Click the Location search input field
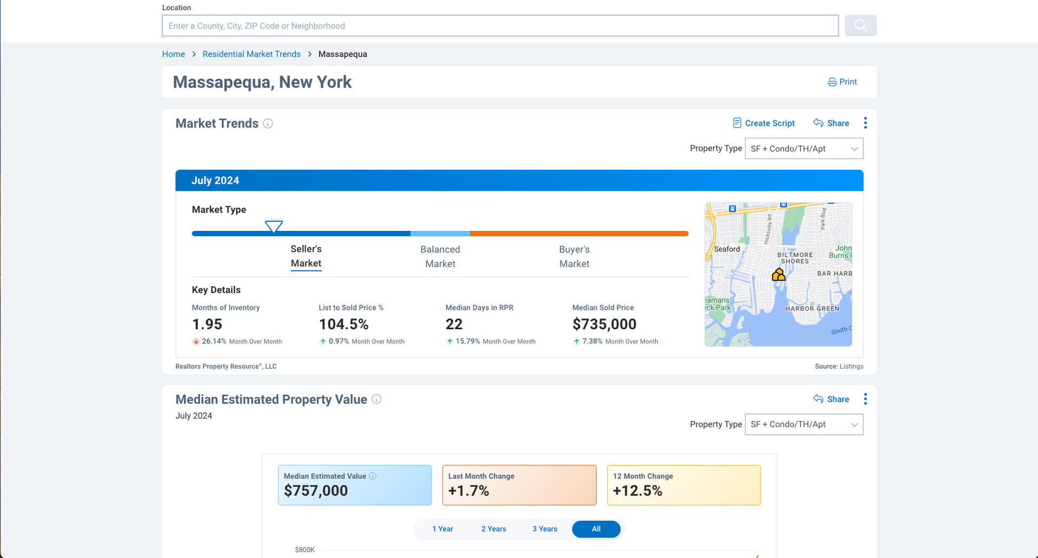500,26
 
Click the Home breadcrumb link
174,54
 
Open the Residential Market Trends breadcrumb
251,54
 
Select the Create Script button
764,123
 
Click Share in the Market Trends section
831,123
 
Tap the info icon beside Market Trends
268,124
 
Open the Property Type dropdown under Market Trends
803,149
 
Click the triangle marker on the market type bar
274,226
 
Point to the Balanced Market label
440,256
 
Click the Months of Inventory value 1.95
207,324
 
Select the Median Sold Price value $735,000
604,324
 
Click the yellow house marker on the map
778,275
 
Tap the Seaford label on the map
727,249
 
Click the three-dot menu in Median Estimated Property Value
865,399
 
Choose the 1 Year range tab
442,529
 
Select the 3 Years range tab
544,529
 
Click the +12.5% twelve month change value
637,491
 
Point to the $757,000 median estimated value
316,491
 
